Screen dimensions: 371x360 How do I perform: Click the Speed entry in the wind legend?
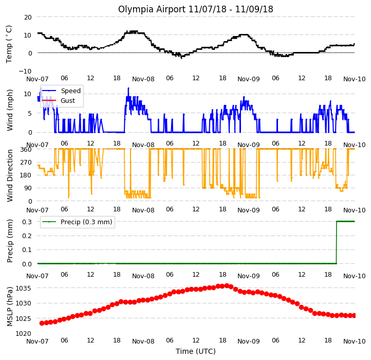pyautogui.click(x=71, y=91)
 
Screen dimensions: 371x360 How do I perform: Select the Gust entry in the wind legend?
pyautogui.click(x=68, y=100)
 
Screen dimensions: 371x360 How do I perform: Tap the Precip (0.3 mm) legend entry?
pyautogui.click(x=86, y=222)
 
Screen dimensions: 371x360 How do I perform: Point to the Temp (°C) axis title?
pyautogui.click(x=9, y=44)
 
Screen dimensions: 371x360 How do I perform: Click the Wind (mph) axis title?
pyautogui.click(x=9, y=110)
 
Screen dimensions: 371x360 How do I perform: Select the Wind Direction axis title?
pyautogui.click(x=10, y=175)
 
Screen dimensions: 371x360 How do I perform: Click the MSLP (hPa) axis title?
pyautogui.click(x=10, y=307)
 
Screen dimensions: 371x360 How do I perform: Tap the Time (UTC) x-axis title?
pyautogui.click(x=196, y=351)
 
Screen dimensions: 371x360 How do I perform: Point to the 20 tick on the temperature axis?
pyautogui.click(x=28, y=17)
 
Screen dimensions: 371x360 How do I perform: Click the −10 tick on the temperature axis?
pyautogui.click(x=25, y=71)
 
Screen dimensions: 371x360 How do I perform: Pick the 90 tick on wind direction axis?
pyautogui.click(x=28, y=188)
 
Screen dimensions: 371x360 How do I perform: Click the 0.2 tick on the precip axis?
pyautogui.click(x=27, y=236)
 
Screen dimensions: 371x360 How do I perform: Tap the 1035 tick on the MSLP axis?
pyautogui.click(x=23, y=288)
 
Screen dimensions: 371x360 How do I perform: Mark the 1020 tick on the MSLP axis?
pyautogui.click(x=23, y=333)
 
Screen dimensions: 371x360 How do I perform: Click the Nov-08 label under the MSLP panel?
pyautogui.click(x=143, y=341)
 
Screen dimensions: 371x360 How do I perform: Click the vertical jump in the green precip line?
pyautogui.click(x=337, y=242)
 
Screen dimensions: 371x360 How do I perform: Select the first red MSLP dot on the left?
pyautogui.click(x=42, y=323)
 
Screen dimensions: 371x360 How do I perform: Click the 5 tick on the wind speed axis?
pyautogui.click(x=30, y=113)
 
